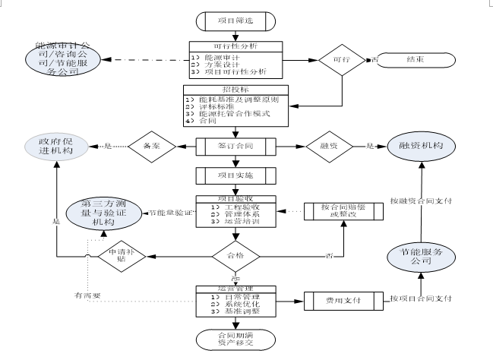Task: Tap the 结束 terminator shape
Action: click(415, 58)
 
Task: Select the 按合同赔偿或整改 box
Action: click(341, 210)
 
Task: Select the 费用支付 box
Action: click(341, 301)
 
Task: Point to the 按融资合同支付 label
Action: click(420, 201)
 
